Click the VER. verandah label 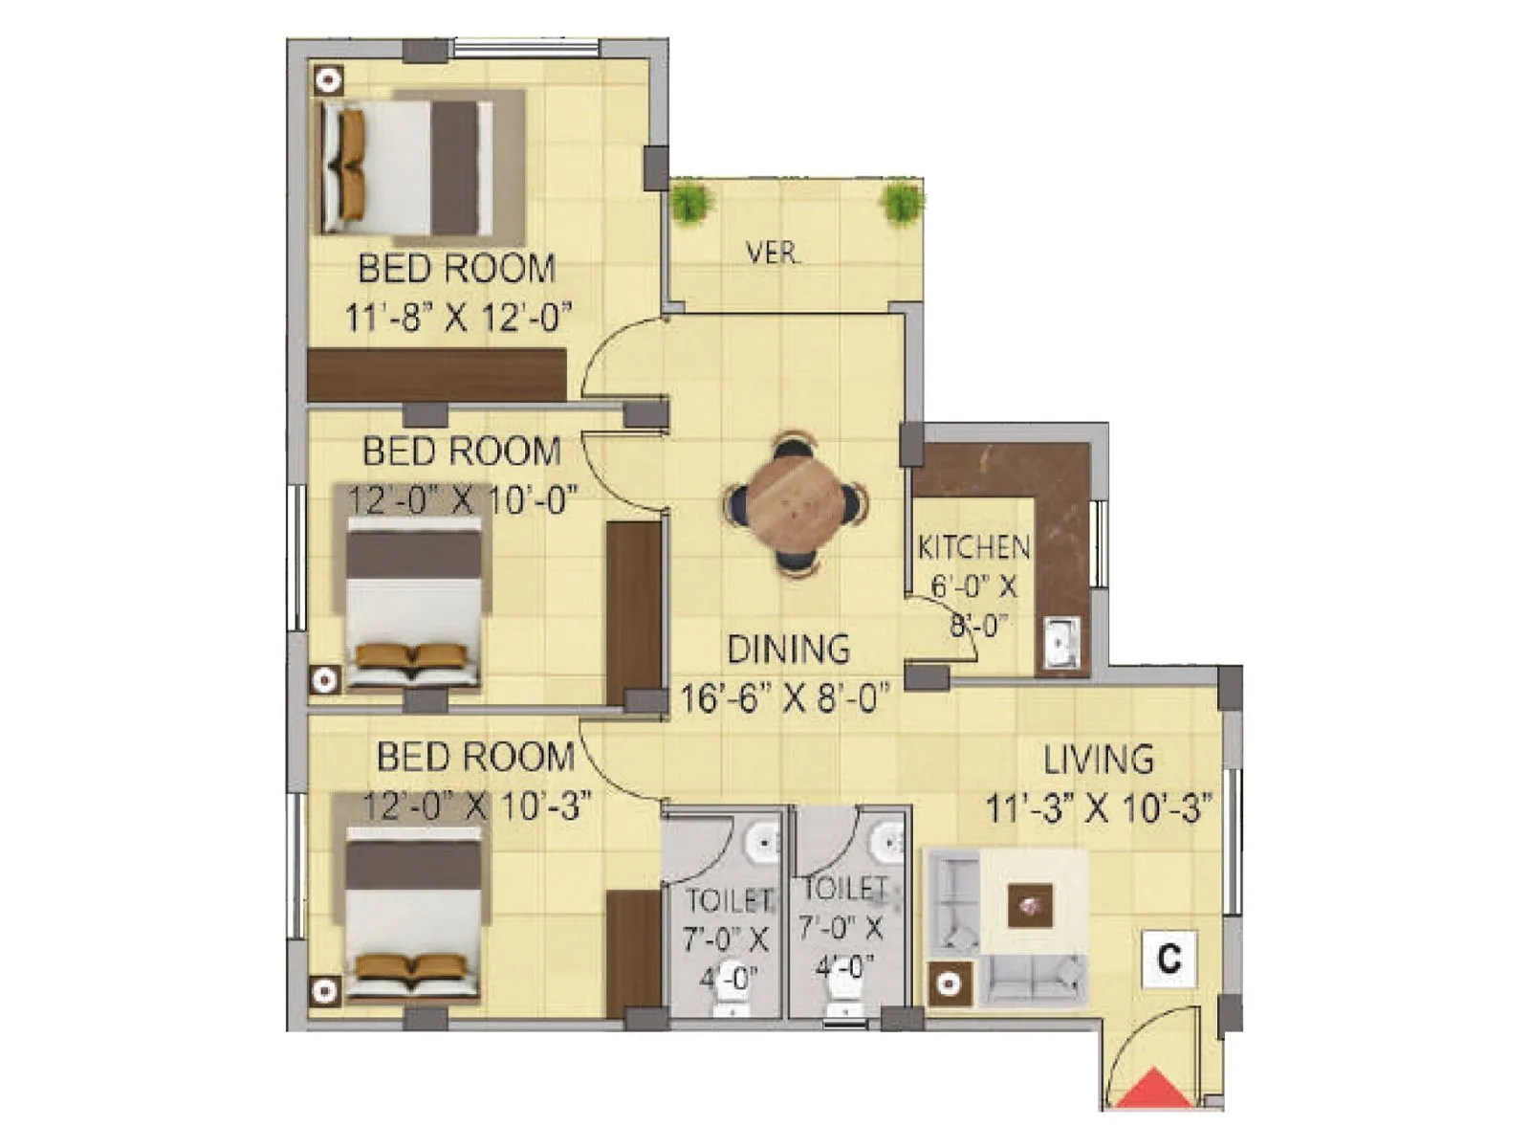pos(773,254)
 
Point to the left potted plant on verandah pos(690,204)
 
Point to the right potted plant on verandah pos(901,203)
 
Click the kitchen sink pos(1061,641)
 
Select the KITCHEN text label pos(973,547)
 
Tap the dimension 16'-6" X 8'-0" pos(785,698)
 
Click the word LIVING pos(1098,760)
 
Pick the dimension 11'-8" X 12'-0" pos(458,317)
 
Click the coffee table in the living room pos(1030,905)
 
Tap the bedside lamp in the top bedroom pos(329,80)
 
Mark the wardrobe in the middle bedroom pos(634,612)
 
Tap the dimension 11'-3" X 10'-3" pos(1099,809)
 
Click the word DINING pos(788,650)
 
